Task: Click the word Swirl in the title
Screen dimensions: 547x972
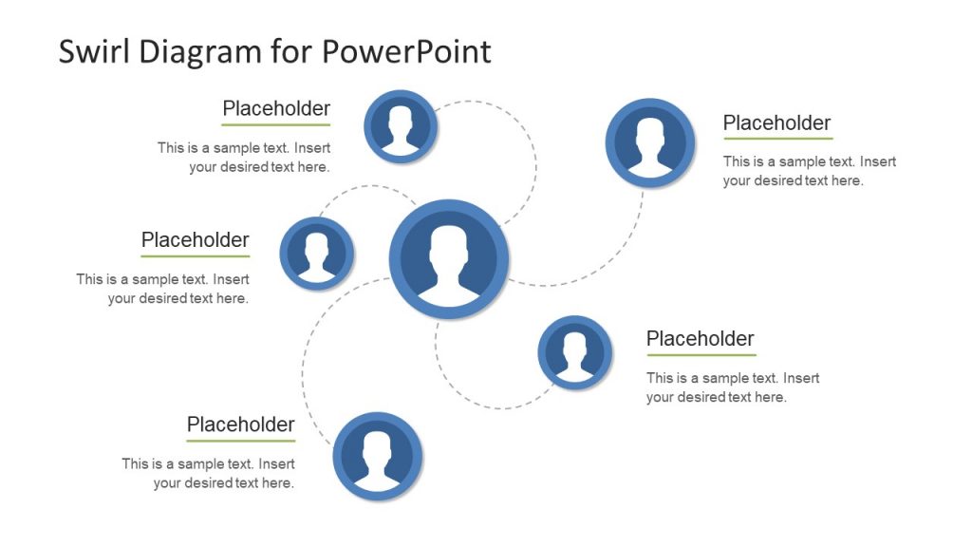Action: [x=95, y=50]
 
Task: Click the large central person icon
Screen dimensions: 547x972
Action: [x=449, y=259]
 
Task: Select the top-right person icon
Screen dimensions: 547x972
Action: [x=650, y=142]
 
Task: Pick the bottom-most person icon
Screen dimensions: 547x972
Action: [x=378, y=456]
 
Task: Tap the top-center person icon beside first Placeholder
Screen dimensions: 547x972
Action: [x=401, y=126]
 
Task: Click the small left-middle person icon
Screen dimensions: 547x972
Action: [x=317, y=254]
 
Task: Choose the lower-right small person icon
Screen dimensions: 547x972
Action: [x=575, y=353]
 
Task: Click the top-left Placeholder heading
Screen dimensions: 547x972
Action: [x=276, y=108]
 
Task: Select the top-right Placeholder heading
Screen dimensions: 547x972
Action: [x=776, y=123]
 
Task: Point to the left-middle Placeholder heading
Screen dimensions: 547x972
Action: [x=196, y=240]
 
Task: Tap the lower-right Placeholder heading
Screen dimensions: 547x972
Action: [x=701, y=339]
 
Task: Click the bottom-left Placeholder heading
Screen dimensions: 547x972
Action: [x=241, y=424]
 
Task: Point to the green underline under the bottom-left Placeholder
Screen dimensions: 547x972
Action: [x=241, y=441]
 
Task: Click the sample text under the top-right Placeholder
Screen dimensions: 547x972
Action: [x=809, y=171]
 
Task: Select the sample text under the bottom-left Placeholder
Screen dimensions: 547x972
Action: [x=209, y=473]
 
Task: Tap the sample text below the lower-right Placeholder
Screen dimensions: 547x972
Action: [x=733, y=387]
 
